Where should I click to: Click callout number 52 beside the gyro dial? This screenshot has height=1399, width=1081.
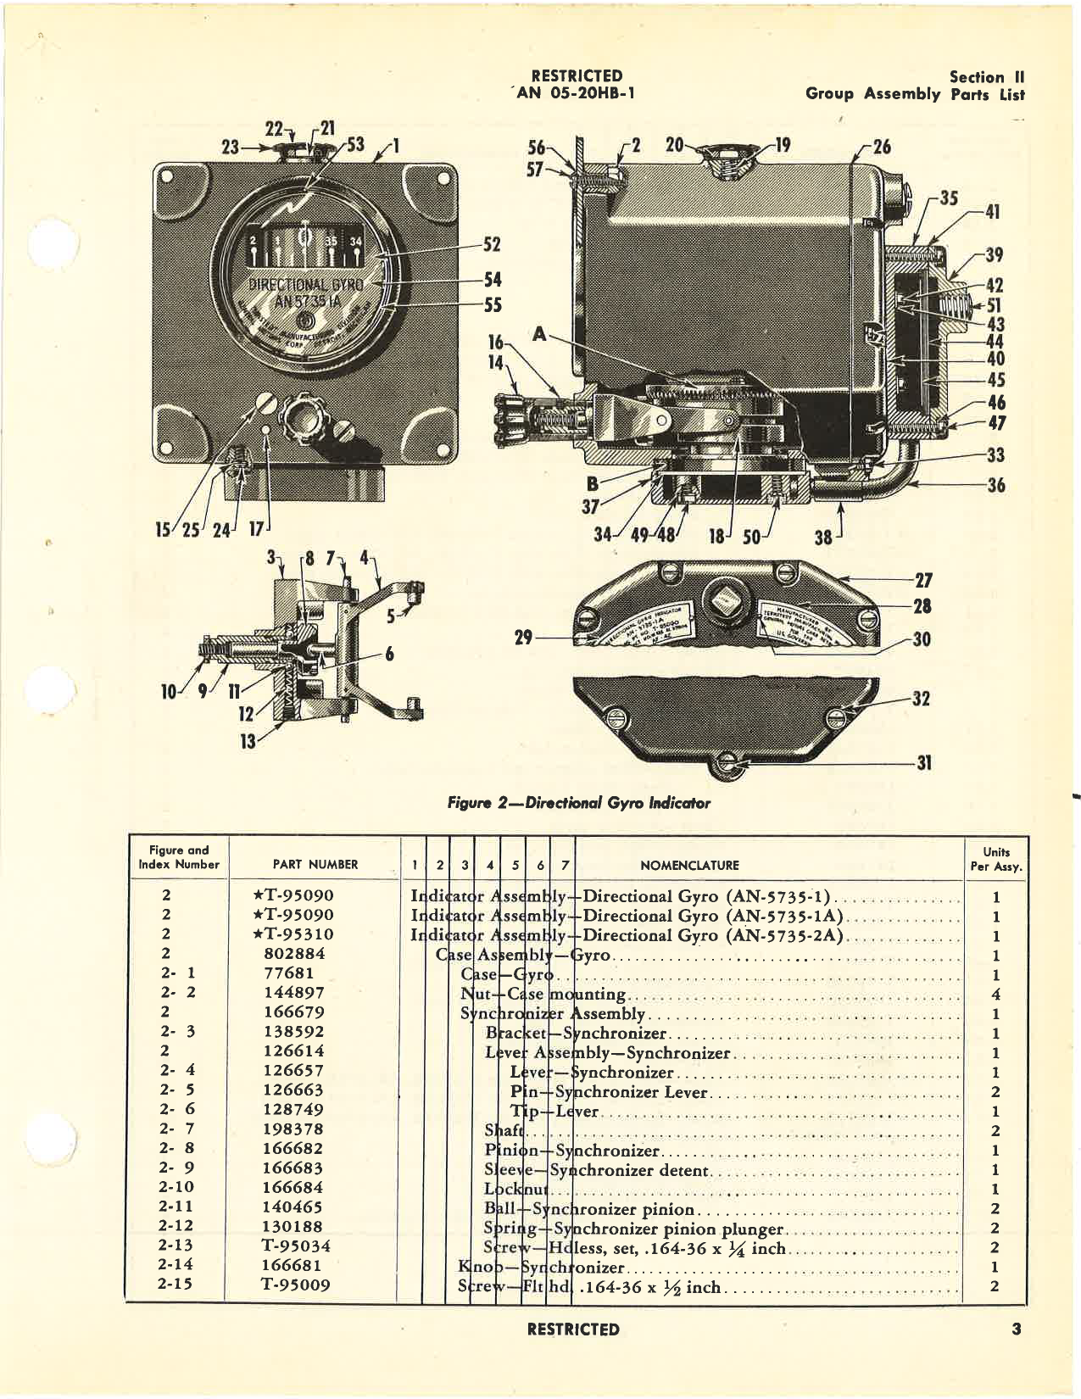pos(492,245)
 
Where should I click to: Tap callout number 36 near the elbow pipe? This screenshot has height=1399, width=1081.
pos(996,485)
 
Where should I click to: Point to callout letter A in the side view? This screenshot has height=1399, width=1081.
pos(539,334)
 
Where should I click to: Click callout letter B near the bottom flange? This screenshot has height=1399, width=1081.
pos(593,484)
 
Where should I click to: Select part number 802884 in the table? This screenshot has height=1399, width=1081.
pos(293,954)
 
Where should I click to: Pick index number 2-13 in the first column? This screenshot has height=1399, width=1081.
pos(176,1246)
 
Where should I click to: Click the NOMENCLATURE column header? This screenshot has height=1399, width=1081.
pos(689,866)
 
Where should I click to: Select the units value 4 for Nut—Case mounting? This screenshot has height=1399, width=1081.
pos(995,994)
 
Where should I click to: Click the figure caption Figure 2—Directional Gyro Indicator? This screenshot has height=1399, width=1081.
pos(578,802)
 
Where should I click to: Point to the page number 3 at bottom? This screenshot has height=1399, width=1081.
pos(1016,1329)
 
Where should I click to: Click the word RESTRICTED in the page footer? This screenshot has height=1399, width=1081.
pos(572,1329)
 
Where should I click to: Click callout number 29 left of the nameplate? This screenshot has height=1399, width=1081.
pos(523,637)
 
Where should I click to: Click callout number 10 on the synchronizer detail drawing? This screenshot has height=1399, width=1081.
pos(170,692)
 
